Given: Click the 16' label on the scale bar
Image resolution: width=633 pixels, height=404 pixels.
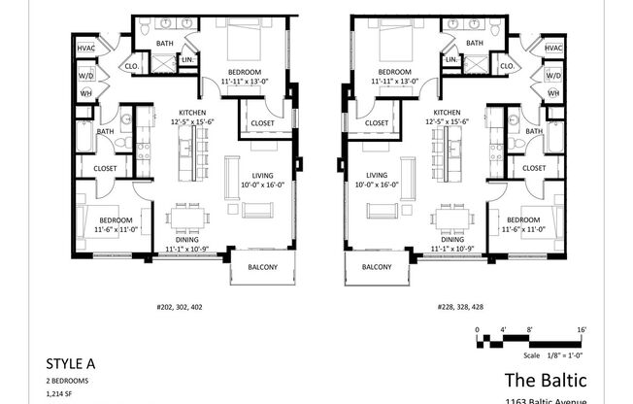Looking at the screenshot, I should [580, 331].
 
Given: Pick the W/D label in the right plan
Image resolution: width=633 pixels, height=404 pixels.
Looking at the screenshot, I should [553, 75].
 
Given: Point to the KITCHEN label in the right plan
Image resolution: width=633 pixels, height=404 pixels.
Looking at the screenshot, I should [447, 113].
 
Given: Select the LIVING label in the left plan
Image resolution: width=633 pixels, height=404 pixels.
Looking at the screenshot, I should [238, 175].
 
